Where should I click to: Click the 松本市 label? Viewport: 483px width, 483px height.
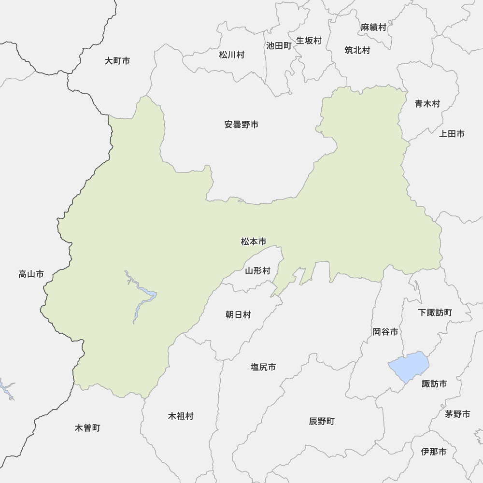coord(254,241)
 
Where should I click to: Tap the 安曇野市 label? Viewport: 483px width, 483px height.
coord(241,125)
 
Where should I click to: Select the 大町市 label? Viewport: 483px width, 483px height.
coord(117,61)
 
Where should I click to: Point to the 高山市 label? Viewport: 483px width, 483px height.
coord(31,274)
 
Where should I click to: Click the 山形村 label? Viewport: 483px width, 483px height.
coord(257,270)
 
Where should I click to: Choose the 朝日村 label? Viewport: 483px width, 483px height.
coord(239,315)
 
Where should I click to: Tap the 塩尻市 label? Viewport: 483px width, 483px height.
coord(263,367)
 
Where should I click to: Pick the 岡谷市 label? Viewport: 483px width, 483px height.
coord(385,332)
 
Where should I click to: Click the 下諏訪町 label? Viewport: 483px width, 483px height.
coord(435,313)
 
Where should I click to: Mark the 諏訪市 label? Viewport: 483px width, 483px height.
coord(434,384)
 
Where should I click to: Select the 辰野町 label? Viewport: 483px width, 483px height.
coord(322,421)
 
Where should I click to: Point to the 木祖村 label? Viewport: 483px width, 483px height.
coord(181,416)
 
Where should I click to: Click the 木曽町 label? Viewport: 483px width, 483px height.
coord(88,428)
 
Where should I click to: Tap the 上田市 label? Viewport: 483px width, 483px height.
coord(452,134)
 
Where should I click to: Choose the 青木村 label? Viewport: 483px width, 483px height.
coord(427,103)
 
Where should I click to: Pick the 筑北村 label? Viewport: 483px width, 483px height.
coord(357,50)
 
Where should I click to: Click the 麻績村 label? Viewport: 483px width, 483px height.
coord(374,28)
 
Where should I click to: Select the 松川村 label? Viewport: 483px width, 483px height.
coord(232,55)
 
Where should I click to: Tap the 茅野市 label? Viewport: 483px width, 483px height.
coord(457,414)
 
